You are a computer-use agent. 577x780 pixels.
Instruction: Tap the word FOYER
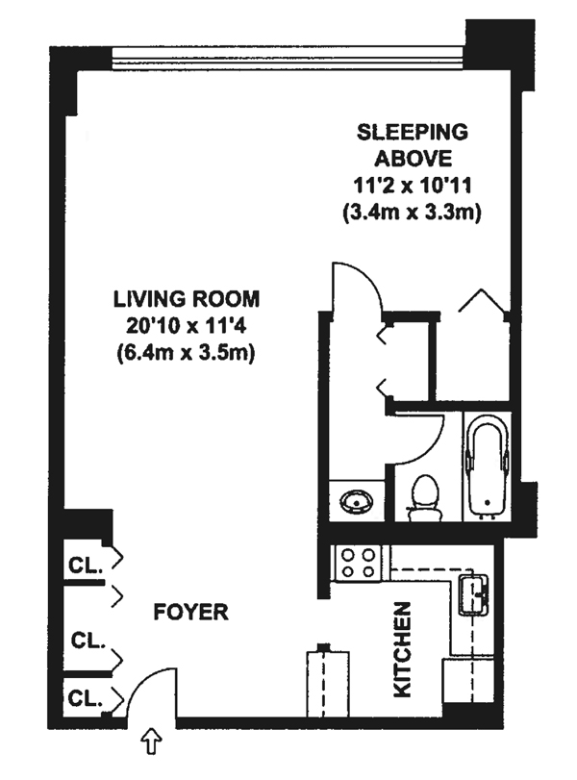pos(190,612)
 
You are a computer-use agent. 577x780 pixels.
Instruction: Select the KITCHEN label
pos(402,649)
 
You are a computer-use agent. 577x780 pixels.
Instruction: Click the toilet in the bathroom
pos(424,497)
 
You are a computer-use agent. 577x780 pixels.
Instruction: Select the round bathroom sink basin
pos(357,500)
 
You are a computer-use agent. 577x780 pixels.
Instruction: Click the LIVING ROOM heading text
pos(187,299)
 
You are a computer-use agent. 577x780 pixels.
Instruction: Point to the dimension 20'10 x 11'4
pos(187,327)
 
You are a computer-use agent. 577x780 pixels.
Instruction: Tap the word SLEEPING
pos(413,133)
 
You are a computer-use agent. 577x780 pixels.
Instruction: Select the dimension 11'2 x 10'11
pos(413,186)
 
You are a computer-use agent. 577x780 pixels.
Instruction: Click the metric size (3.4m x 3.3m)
pos(413,213)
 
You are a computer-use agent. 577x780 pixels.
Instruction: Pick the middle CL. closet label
pos(88,641)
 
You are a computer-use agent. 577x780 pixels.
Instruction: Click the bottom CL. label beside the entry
pos(85,699)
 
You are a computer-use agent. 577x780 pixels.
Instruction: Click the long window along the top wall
pos(289,60)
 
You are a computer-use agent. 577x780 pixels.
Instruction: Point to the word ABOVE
pos(413,160)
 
